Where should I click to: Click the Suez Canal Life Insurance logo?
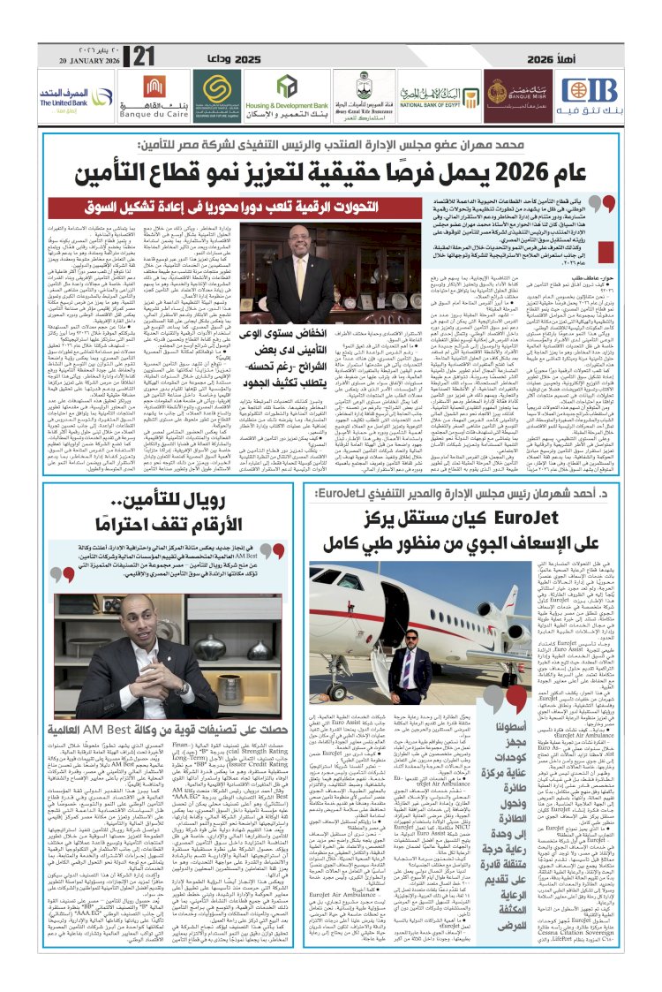pos(357,91)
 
